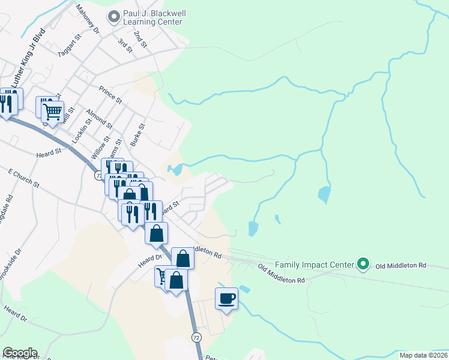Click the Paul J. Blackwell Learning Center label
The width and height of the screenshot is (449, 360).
[x=152, y=17]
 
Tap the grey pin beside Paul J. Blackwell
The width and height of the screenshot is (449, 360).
[x=113, y=17]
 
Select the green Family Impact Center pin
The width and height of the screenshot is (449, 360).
[x=363, y=263]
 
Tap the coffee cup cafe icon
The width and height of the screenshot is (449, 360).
[x=226, y=298]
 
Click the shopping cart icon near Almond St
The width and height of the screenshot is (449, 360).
[x=53, y=110]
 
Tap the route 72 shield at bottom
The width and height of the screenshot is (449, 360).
[x=196, y=338]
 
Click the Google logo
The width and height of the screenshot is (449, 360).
[x=20, y=353]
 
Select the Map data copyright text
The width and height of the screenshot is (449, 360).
[x=423, y=355]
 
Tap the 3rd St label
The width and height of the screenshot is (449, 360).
[x=125, y=45]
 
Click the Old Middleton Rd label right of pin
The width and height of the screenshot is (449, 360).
[x=400, y=265]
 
